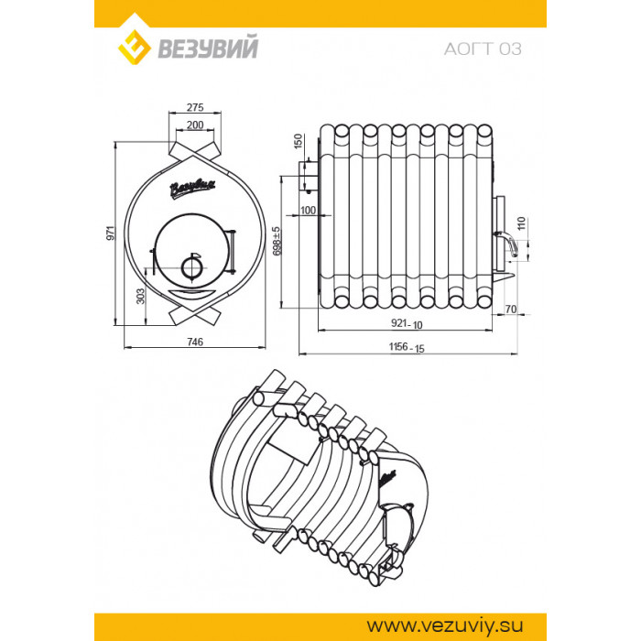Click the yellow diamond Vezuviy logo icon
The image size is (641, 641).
click(x=135, y=48)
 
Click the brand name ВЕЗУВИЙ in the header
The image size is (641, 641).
click(x=208, y=48)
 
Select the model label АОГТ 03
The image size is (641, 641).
click(x=483, y=49)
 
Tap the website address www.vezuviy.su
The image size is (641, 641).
click(x=445, y=625)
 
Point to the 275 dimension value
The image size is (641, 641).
click(x=195, y=107)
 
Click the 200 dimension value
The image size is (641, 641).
click(x=195, y=125)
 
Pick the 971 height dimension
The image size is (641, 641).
click(x=111, y=233)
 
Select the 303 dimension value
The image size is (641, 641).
click(x=140, y=297)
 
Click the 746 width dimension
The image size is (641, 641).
click(x=195, y=342)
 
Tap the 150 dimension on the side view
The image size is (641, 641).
click(x=298, y=141)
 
